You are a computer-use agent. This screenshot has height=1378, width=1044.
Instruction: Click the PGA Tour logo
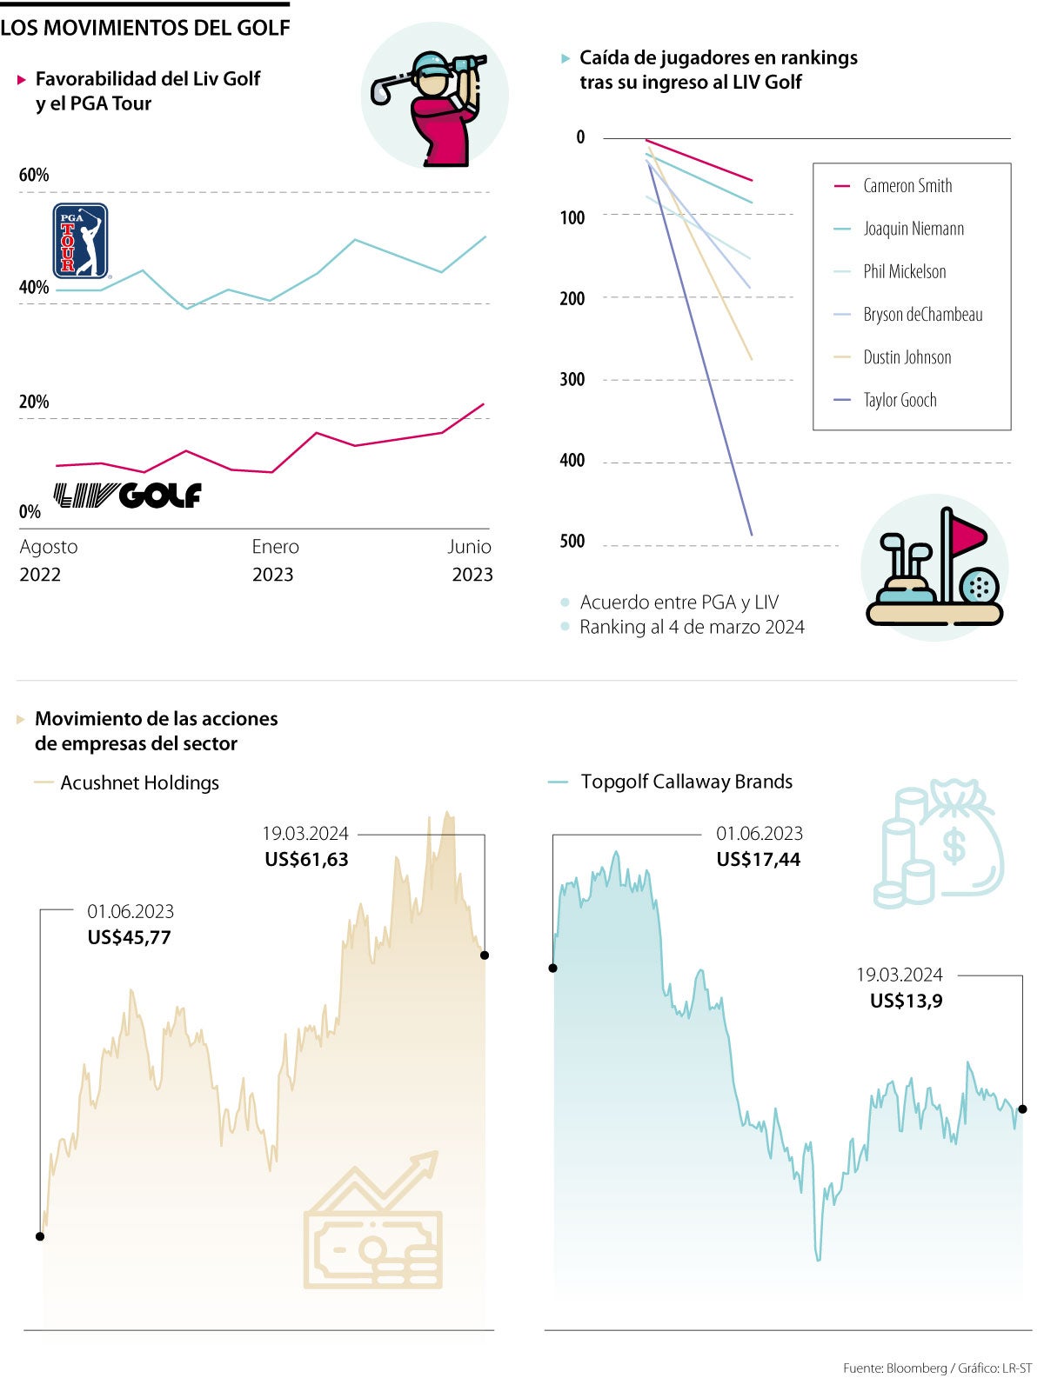click(x=80, y=241)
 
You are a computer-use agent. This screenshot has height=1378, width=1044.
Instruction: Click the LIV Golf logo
click(x=127, y=496)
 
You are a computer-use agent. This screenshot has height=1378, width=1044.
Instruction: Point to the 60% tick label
click(x=34, y=175)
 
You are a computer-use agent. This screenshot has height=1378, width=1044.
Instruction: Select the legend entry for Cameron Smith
click(x=907, y=186)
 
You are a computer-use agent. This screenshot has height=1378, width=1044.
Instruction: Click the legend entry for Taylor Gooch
click(x=900, y=400)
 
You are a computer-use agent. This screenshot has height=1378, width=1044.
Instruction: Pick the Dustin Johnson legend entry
click(x=907, y=357)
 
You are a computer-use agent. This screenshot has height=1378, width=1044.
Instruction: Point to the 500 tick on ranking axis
click(x=572, y=542)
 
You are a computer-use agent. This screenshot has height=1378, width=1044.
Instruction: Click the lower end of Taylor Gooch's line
click(x=751, y=534)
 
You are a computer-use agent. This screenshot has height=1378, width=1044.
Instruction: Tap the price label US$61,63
click(x=306, y=859)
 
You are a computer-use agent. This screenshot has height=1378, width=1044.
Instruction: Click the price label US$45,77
click(x=129, y=937)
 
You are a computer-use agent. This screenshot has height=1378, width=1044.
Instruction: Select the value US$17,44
click(x=758, y=859)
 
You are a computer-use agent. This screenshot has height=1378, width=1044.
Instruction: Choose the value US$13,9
click(x=906, y=1001)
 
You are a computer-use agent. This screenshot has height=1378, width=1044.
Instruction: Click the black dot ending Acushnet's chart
click(x=485, y=955)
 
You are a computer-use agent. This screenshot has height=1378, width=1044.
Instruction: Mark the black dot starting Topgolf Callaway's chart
click(x=552, y=968)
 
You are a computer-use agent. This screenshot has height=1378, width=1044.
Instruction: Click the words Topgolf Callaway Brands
click(x=686, y=782)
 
